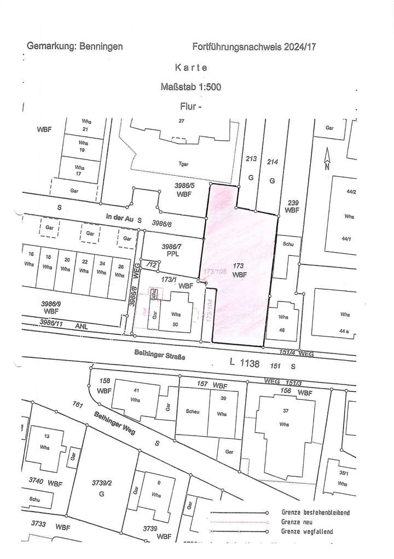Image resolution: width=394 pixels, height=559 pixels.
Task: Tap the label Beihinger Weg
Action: pyautogui.click(x=114, y=423)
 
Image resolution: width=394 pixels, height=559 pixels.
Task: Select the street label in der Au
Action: pyautogui.click(x=119, y=219)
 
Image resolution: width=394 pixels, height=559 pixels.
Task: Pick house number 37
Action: pyautogui.click(x=283, y=412)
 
